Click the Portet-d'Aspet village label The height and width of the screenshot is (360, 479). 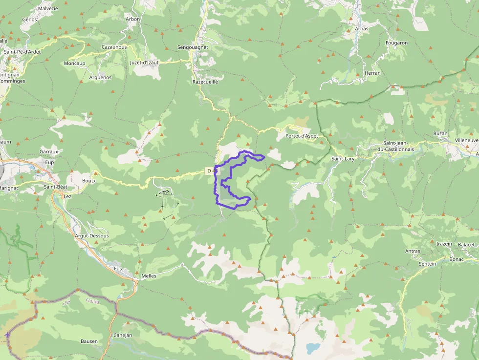coord(302,136)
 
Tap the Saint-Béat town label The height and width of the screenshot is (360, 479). coord(55,187)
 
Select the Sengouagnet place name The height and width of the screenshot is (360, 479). coord(193,47)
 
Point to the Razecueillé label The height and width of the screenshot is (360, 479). coord(205,82)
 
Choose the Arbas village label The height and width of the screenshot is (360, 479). coord(362,29)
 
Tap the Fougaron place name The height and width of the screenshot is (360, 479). coord(396,43)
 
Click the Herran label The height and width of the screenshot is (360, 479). coord(372,73)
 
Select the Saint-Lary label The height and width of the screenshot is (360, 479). coord(343,159)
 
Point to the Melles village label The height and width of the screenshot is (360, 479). coord(149,276)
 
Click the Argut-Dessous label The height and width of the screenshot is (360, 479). coord(92,236)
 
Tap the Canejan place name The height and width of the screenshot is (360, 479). coord(123,335)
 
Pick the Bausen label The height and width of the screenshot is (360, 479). coord(89,341)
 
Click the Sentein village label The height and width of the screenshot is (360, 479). coord(427,263)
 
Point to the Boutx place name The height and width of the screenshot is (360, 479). coord(89,180)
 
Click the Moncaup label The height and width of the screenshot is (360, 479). coord(74,64)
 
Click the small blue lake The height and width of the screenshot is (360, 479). coord(311,348)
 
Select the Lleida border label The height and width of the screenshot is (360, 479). coord(92,301)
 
